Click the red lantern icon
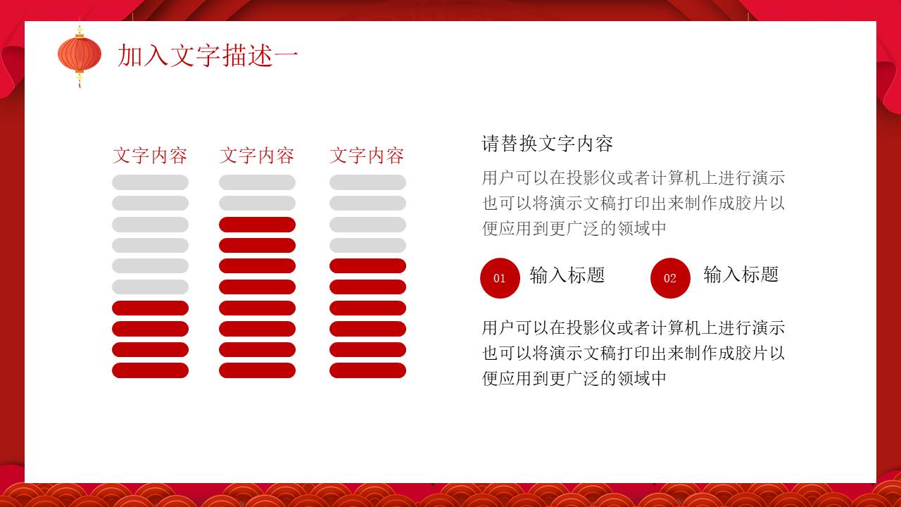(x=80, y=54)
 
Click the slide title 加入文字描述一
(x=208, y=56)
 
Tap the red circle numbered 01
(x=500, y=278)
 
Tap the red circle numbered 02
(x=670, y=278)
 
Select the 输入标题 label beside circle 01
(x=567, y=275)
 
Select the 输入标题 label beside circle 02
(x=741, y=275)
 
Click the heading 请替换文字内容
(x=548, y=144)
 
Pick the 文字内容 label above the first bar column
(x=150, y=156)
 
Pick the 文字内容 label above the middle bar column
(x=257, y=156)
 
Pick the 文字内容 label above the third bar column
(x=367, y=156)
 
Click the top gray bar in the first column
(x=150, y=182)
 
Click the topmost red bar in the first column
(x=150, y=308)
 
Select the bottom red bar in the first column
(x=150, y=370)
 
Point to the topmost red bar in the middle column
(x=257, y=225)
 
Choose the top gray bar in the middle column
(x=257, y=182)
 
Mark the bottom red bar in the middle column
(x=257, y=370)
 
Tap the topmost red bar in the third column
(x=367, y=266)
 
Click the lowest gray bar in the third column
(x=367, y=245)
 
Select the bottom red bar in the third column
(x=367, y=370)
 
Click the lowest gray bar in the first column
(x=150, y=287)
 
